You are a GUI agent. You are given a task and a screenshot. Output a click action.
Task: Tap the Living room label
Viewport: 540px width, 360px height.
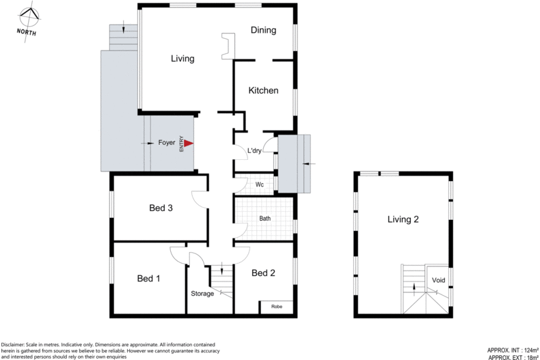[183, 59]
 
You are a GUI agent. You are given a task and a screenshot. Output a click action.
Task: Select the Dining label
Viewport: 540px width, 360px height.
[263, 30]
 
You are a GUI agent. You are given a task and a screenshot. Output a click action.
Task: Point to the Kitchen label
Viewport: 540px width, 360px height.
[263, 90]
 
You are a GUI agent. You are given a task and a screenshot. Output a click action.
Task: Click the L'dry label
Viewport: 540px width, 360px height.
[254, 151]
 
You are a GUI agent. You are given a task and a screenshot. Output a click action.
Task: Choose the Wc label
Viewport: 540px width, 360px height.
[260, 185]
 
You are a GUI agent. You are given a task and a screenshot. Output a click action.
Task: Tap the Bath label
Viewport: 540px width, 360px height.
[266, 219]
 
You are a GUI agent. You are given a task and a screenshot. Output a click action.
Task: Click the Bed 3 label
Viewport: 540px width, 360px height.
[161, 208]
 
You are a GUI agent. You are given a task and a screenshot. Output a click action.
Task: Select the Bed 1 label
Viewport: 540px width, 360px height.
[148, 278]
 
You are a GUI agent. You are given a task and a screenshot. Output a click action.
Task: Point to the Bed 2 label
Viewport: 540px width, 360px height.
[263, 273]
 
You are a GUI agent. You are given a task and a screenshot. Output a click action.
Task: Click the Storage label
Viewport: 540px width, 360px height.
[202, 294]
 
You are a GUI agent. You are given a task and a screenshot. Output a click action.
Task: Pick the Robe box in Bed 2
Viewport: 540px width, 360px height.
[277, 307]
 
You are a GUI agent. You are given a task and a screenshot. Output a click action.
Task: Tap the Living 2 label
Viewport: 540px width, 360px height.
[403, 219]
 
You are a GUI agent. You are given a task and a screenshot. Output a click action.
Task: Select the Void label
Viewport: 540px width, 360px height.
[439, 280]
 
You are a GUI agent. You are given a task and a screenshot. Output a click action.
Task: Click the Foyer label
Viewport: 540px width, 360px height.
[167, 143]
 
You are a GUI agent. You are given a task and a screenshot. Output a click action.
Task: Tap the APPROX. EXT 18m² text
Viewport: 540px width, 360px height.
[512, 357]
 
